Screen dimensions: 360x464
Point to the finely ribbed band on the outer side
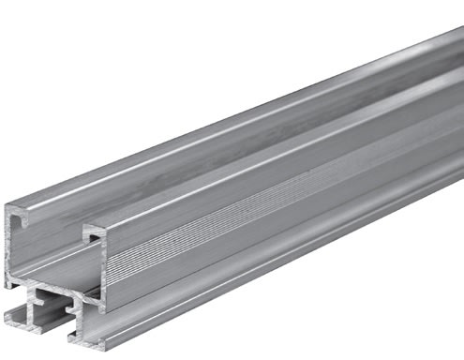coord(281,216)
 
